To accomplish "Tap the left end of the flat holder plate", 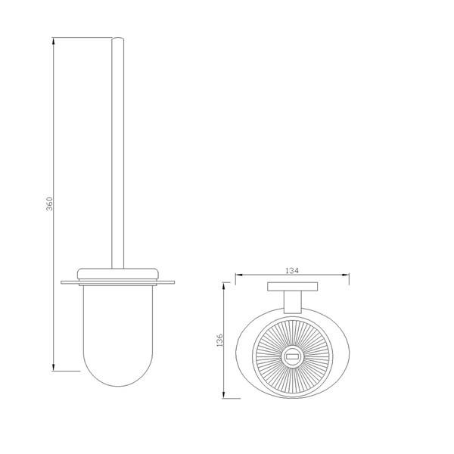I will pyautogui.click(x=63, y=283).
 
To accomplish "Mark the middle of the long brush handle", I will pyautogui.click(x=118, y=151).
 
